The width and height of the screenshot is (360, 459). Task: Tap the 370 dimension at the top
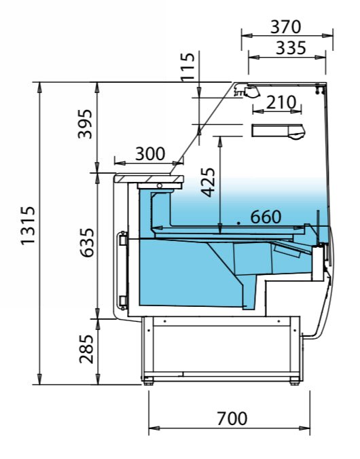pos(285,26)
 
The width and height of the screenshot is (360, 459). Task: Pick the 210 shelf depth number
pos(281,103)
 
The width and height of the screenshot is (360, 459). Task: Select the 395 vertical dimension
pos(86,123)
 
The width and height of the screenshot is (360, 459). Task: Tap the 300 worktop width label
pos(149,153)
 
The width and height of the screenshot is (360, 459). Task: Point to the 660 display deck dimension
pos(266,217)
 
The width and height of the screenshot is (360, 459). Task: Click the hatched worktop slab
pos(149,177)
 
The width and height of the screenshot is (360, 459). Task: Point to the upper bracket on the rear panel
pos(123,240)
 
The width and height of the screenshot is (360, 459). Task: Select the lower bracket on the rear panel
pos(123,301)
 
